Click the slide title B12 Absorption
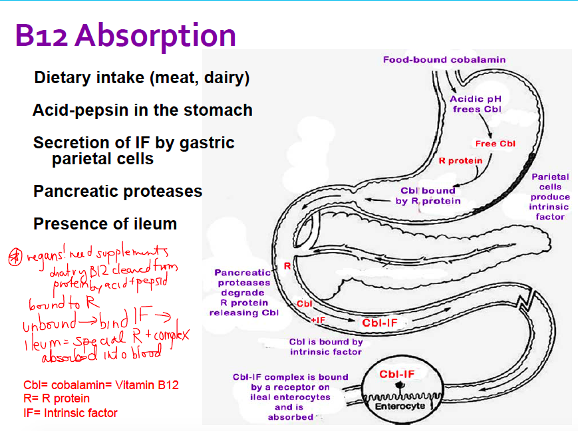125,35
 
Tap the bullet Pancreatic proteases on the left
118,192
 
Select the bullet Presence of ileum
105,223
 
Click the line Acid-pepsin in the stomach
142,110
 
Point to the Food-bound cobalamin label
444,60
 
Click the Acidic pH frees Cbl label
476,104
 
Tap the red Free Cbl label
496,144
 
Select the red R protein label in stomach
460,161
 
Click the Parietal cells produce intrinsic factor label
550,197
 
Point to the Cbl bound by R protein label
428,196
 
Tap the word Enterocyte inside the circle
400,406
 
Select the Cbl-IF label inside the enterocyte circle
397,374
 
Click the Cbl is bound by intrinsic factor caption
326,347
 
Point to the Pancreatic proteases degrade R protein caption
243,293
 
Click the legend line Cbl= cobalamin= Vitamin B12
100,385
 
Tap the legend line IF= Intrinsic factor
70,413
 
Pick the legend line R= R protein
56,399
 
